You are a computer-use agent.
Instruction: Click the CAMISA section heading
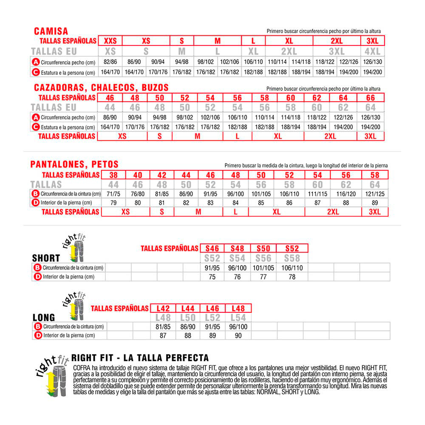pyautogui.click(x=51, y=31)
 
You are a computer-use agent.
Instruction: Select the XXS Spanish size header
pyautogui.click(x=110, y=41)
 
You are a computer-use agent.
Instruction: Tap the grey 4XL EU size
pyautogui.click(x=372, y=51)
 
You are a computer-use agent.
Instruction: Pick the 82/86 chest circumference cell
pyautogui.click(x=110, y=62)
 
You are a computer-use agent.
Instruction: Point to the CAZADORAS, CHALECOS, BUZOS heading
pyautogui.click(x=102, y=88)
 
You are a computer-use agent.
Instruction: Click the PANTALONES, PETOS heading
pyautogui.click(x=74, y=164)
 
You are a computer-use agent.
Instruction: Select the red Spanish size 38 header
pyautogui.click(x=113, y=175)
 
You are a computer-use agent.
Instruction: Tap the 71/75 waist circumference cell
pyautogui.click(x=113, y=194)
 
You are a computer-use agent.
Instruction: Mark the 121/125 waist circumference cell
pyautogui.click(x=374, y=194)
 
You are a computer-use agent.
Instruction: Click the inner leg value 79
pyautogui.click(x=113, y=203)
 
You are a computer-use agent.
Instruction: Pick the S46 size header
pyautogui.click(x=212, y=248)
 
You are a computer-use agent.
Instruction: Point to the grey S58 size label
pyautogui.click(x=292, y=258)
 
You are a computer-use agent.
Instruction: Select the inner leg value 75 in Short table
pyautogui.click(x=212, y=277)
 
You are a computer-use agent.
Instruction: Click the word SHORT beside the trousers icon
pyautogui.click(x=46, y=258)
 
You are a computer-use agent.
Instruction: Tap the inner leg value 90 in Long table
pyautogui.click(x=238, y=335)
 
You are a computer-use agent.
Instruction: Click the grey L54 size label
pyautogui.click(x=238, y=318)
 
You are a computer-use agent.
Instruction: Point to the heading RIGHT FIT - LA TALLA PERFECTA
pyautogui.click(x=140, y=357)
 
